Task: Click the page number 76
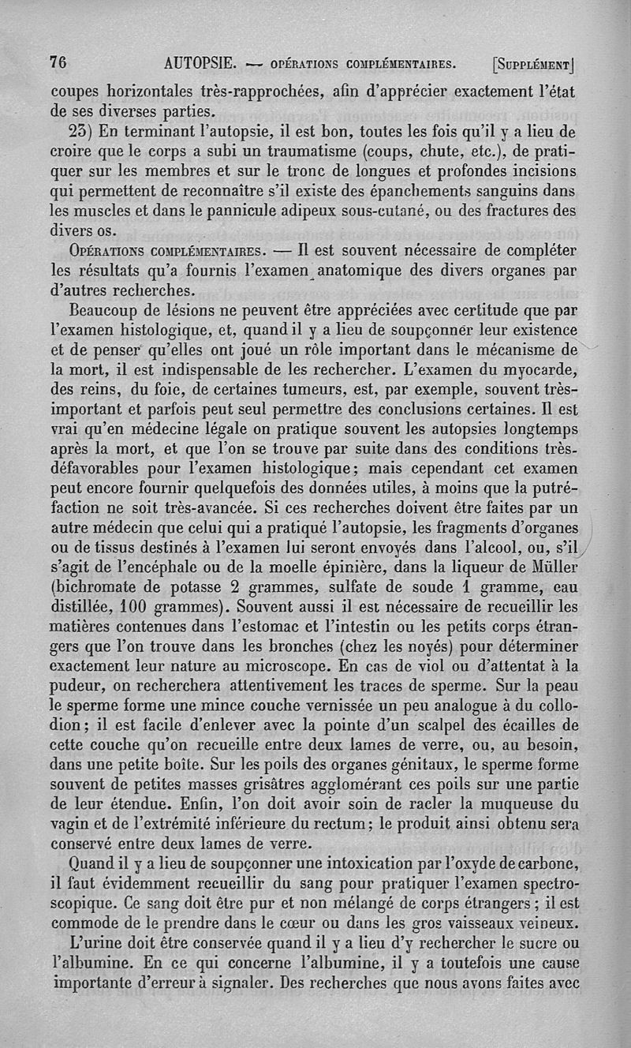click(58, 62)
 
